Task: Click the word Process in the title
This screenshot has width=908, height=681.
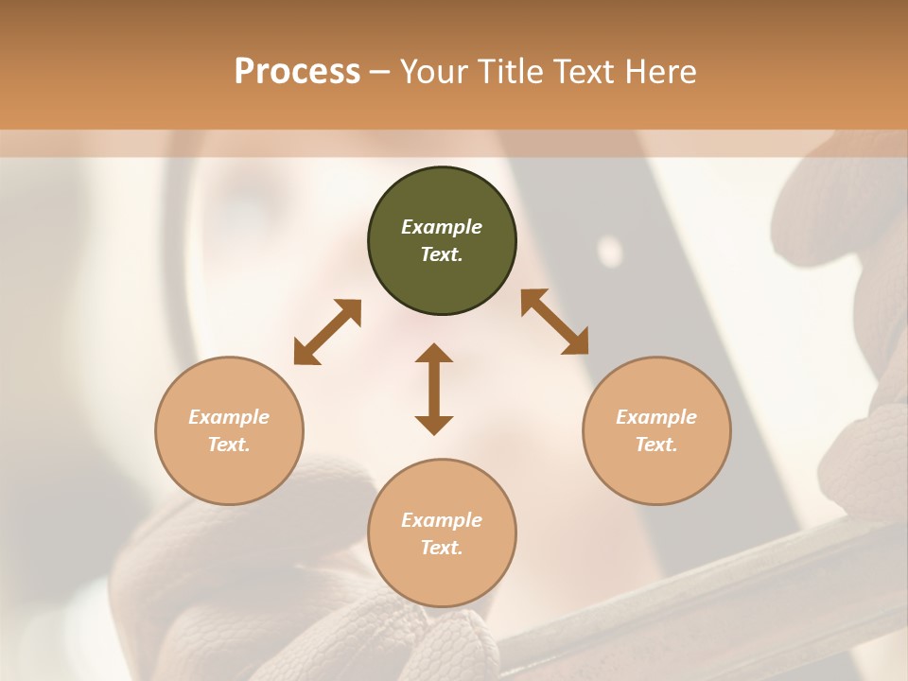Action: tap(297, 72)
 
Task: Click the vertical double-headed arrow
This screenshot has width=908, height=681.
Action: tap(434, 389)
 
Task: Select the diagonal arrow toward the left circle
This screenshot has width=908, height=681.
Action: tap(327, 332)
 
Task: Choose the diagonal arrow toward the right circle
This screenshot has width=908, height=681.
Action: tap(554, 322)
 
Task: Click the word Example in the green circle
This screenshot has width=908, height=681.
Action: tap(442, 227)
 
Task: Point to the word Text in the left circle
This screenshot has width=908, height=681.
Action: tap(229, 445)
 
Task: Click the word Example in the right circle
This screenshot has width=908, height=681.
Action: tap(656, 417)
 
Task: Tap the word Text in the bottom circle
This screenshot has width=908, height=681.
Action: tap(442, 548)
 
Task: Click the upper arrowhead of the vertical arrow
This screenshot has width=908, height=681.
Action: tap(434, 354)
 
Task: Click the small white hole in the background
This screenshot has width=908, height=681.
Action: tap(610, 251)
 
